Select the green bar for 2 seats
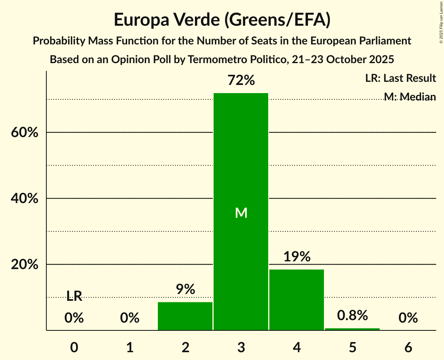point(185,316)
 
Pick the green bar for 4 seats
point(297,300)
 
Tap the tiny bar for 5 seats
point(352,329)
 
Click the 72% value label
point(241,81)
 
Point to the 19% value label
point(297,257)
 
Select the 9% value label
point(185,289)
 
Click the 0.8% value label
point(352,315)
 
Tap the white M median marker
point(241,213)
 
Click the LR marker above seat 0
point(74,296)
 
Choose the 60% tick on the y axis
point(25,132)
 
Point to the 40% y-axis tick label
point(25,198)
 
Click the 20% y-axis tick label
point(25,265)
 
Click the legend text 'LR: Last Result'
point(400,78)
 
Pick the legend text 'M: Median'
point(410,97)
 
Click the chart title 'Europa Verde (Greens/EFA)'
point(222,20)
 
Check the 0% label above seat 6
point(408,318)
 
